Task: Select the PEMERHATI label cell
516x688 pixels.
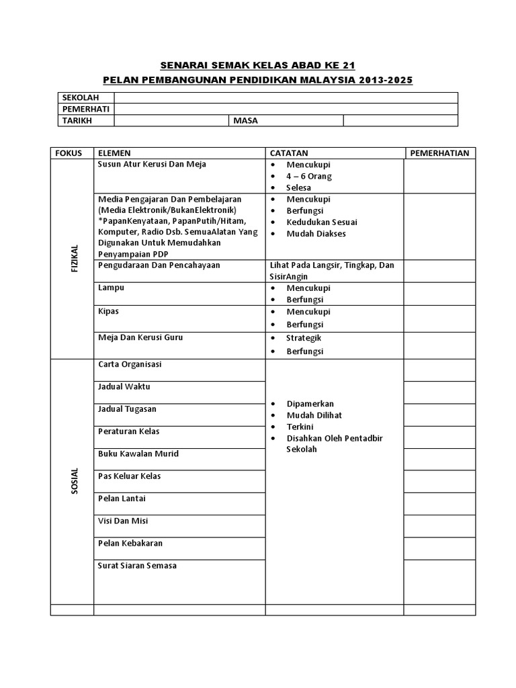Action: click(x=85, y=109)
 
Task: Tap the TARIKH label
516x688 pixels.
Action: click(x=77, y=120)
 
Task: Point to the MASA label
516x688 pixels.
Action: click(x=245, y=120)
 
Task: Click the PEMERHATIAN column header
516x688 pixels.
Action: click(x=439, y=153)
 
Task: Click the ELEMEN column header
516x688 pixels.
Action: click(x=115, y=153)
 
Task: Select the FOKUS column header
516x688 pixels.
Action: click(x=69, y=153)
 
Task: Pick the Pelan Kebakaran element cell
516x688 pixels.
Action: click(x=130, y=543)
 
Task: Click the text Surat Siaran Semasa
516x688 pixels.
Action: click(x=137, y=566)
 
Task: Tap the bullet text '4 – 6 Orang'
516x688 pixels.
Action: click(x=309, y=176)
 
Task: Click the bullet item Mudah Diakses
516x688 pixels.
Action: click(x=316, y=233)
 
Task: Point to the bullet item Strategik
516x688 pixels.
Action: click(x=304, y=337)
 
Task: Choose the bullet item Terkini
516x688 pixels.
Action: click(x=300, y=427)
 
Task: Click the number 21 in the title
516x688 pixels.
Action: click(x=347, y=66)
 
